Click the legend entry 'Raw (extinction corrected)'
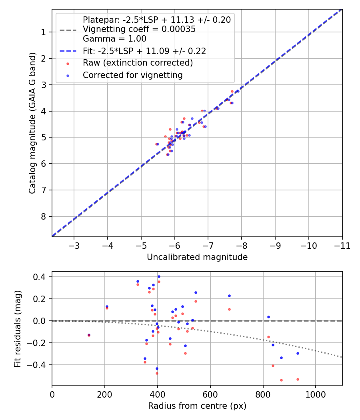138,63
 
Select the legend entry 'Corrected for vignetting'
132,75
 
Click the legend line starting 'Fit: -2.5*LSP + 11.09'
144,51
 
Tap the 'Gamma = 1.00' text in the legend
114,39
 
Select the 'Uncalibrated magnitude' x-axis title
197,257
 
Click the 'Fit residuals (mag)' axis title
17,329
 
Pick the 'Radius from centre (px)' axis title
197,406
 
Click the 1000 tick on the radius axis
316,394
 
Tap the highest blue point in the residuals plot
159,276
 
